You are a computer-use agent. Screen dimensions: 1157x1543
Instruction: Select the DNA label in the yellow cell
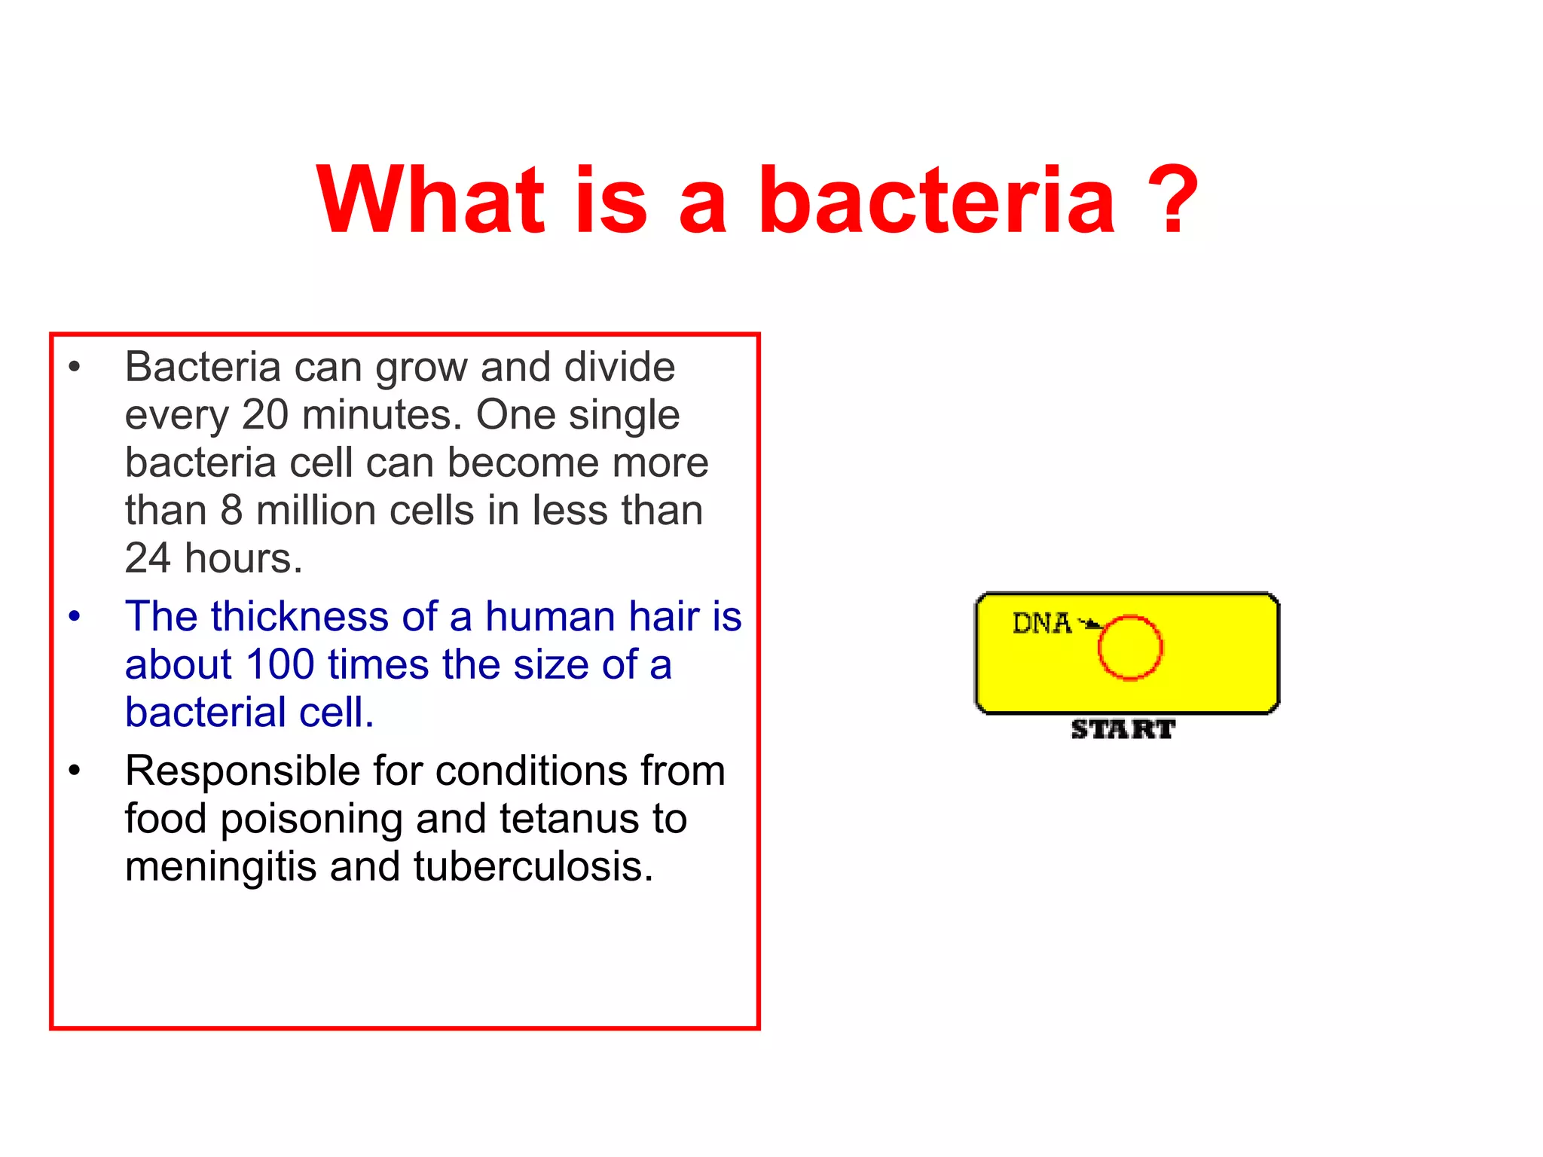coord(1041,624)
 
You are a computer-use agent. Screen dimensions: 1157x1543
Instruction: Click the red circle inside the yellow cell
coord(1129,648)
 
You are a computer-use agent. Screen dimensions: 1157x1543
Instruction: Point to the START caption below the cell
coord(1123,729)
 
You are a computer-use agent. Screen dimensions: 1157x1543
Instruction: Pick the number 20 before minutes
coord(264,415)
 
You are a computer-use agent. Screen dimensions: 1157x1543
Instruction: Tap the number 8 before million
coord(231,511)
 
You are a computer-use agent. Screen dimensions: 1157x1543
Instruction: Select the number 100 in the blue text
coord(280,665)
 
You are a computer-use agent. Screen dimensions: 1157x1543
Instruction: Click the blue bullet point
coord(74,617)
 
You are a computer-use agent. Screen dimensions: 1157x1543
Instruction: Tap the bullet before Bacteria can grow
coord(74,368)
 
